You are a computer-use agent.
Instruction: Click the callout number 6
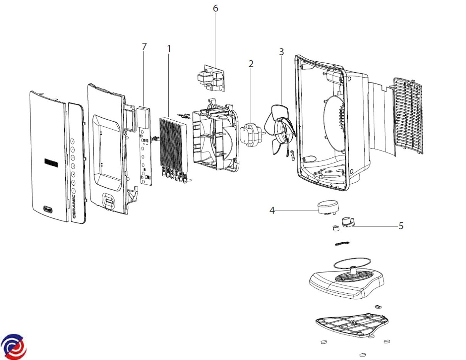coord(215,8)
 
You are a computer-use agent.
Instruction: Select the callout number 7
coord(144,47)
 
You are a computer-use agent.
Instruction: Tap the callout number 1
coord(169,49)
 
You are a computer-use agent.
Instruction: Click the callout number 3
coord(281,52)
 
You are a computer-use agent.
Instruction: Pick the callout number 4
coord(272,210)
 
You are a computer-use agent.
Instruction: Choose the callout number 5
coord(401,225)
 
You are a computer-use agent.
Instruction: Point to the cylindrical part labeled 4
coord(327,207)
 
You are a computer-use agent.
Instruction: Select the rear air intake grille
coord(407,115)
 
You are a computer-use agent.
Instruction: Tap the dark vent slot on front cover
coord(52,162)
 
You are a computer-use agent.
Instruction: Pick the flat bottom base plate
coord(351,324)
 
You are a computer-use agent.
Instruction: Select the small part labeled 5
coord(348,222)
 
